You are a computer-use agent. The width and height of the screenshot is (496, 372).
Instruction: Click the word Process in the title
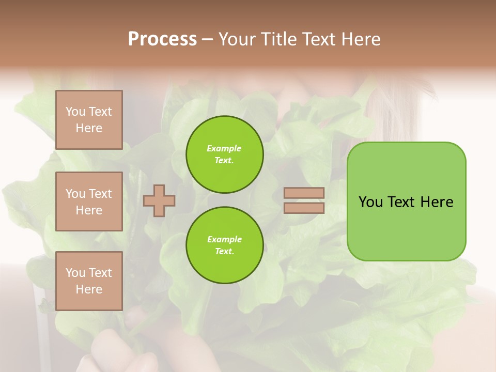(162, 39)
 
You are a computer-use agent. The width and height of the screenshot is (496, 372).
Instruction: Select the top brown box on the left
(89, 120)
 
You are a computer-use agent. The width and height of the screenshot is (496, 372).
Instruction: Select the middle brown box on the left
(89, 202)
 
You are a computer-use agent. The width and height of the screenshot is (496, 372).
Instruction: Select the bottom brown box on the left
(89, 281)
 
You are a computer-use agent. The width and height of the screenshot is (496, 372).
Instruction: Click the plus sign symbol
(159, 200)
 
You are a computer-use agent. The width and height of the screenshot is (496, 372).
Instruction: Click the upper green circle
(225, 154)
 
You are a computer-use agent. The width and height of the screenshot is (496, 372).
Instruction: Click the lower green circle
(225, 245)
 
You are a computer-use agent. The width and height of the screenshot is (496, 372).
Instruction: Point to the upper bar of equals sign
(304, 193)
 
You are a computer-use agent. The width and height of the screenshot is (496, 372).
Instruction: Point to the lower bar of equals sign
(304, 208)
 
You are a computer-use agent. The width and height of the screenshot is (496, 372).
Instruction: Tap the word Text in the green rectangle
(402, 202)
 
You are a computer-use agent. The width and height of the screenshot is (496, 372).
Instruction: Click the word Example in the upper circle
(224, 149)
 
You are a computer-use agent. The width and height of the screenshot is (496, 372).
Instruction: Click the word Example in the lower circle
(224, 240)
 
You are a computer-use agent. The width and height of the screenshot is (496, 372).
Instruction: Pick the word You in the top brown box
(75, 112)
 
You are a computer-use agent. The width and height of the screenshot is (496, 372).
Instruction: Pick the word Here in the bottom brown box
(89, 289)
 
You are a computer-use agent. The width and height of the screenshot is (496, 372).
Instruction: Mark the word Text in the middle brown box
(100, 194)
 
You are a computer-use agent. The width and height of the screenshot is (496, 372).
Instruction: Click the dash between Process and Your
(207, 40)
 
